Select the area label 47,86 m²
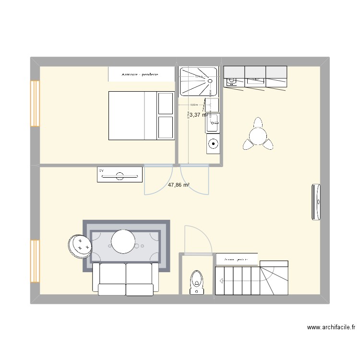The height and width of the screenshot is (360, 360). (179, 184)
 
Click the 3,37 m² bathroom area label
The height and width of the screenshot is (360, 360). (198, 115)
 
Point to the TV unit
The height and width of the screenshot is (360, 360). (120, 175)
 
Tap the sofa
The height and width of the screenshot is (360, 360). (126, 278)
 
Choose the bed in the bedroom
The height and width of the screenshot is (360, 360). (141, 116)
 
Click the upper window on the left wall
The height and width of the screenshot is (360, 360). (35, 103)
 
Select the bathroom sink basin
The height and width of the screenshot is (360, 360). (213, 123)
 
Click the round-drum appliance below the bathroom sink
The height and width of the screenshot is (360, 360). (213, 143)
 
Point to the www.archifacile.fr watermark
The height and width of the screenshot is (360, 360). (331, 328)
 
